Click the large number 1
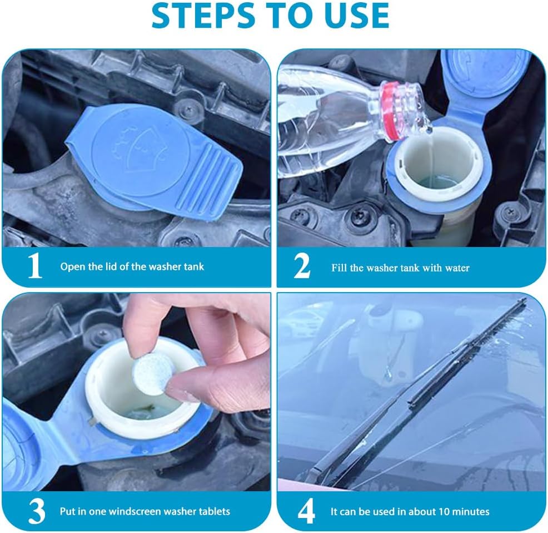[x=35, y=266]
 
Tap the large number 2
[x=302, y=266]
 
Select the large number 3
[x=36, y=511]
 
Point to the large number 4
[x=306, y=511]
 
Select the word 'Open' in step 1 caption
[x=73, y=266]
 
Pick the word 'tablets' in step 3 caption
[x=214, y=511]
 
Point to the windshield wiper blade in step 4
[x=422, y=389]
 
